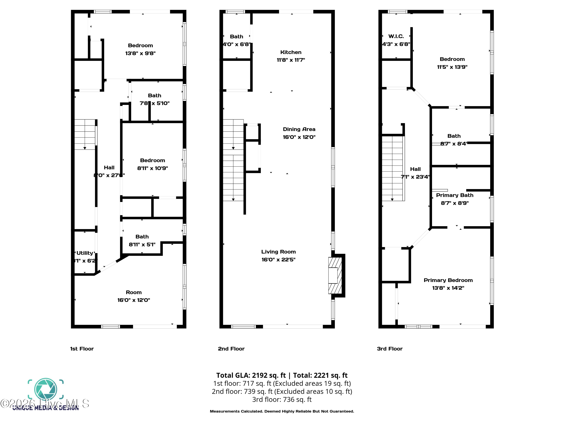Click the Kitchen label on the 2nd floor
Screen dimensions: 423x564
[x=291, y=52]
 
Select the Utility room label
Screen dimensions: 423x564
[x=85, y=253]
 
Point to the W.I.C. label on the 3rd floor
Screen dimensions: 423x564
[x=396, y=36]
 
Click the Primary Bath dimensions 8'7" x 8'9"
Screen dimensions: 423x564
[x=455, y=203]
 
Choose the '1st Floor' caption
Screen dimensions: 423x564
[x=82, y=349]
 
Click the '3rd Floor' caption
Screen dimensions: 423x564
[x=390, y=349]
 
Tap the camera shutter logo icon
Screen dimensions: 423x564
[x=46, y=389]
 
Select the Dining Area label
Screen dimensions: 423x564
[x=299, y=129]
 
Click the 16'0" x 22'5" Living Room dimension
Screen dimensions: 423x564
[x=278, y=260]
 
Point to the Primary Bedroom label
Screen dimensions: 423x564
[x=448, y=280]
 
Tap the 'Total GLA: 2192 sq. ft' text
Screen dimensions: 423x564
[x=251, y=375]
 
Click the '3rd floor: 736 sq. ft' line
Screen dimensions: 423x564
[x=282, y=399]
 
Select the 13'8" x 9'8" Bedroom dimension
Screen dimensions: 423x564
[x=140, y=53]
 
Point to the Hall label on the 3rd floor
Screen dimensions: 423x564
[x=415, y=169]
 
